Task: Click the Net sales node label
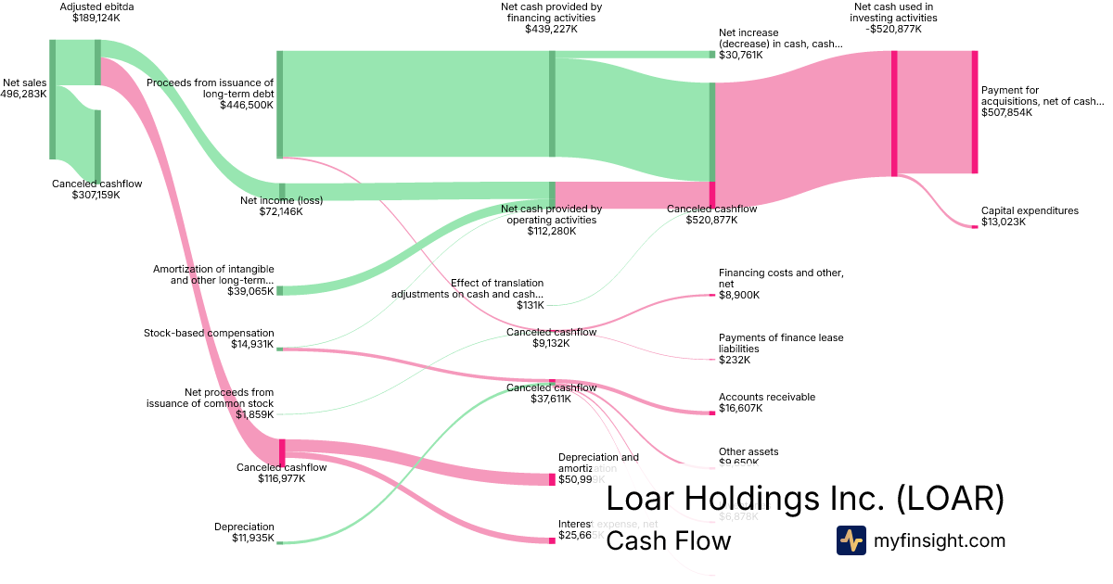click(24, 82)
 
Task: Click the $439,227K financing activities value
click(551, 29)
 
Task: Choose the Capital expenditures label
click(1030, 210)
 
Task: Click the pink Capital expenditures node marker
click(975, 226)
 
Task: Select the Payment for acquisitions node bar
click(975, 112)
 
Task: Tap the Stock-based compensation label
click(209, 333)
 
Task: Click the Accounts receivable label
click(767, 397)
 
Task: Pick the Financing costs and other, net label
click(781, 278)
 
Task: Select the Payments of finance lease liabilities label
click(781, 343)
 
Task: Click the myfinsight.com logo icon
click(851, 540)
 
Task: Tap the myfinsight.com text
click(940, 540)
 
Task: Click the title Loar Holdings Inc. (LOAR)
click(804, 499)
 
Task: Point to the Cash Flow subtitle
click(668, 540)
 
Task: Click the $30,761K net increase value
click(740, 55)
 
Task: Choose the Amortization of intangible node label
click(213, 274)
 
